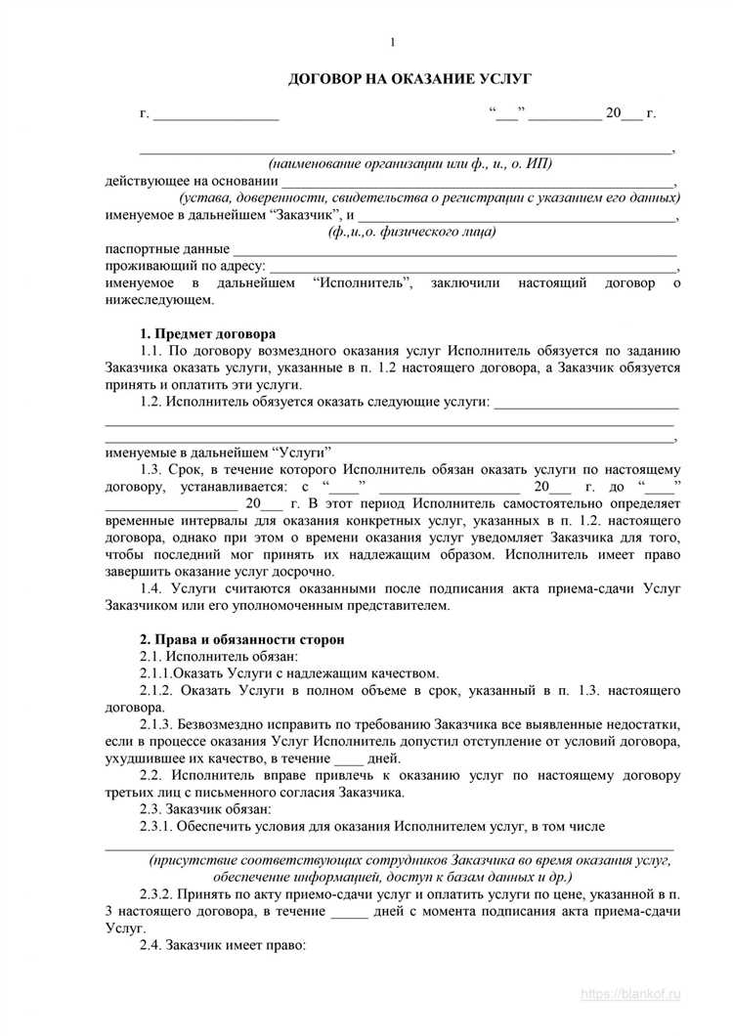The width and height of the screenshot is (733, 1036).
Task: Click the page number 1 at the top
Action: [393, 42]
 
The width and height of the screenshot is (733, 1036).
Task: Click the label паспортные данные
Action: [167, 249]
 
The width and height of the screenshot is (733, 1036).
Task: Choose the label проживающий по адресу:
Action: [185, 267]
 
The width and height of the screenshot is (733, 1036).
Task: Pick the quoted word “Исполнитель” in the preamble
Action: [366, 283]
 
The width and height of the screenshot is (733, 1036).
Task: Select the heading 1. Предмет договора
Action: [207, 333]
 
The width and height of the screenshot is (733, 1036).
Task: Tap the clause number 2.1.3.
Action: [159, 724]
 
